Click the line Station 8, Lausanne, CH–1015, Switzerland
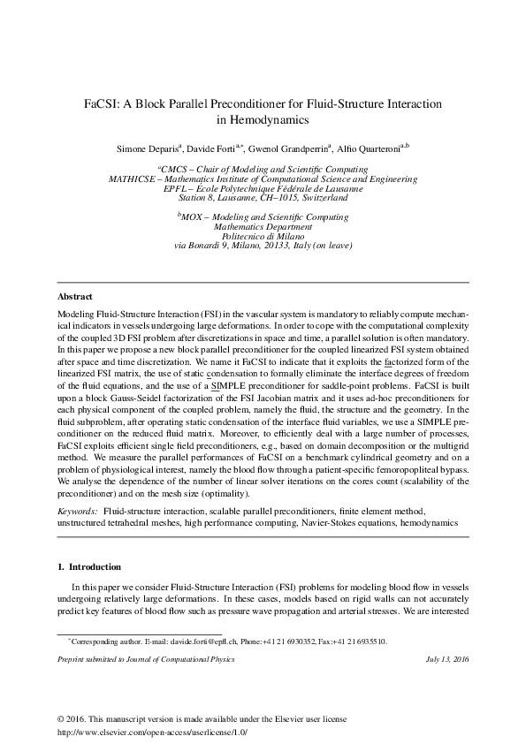pos(263,198)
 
